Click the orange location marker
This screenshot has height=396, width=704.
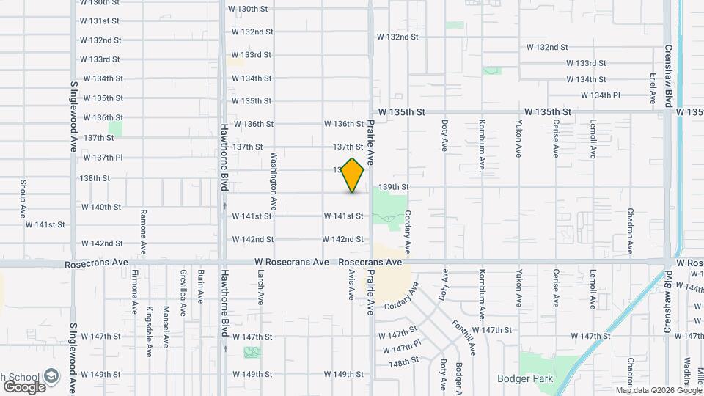(x=353, y=175)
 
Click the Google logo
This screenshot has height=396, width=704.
(x=24, y=386)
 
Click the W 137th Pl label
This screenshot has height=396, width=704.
(x=103, y=157)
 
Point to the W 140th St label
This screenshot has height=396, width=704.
(x=102, y=208)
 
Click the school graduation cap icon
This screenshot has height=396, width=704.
(x=52, y=377)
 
